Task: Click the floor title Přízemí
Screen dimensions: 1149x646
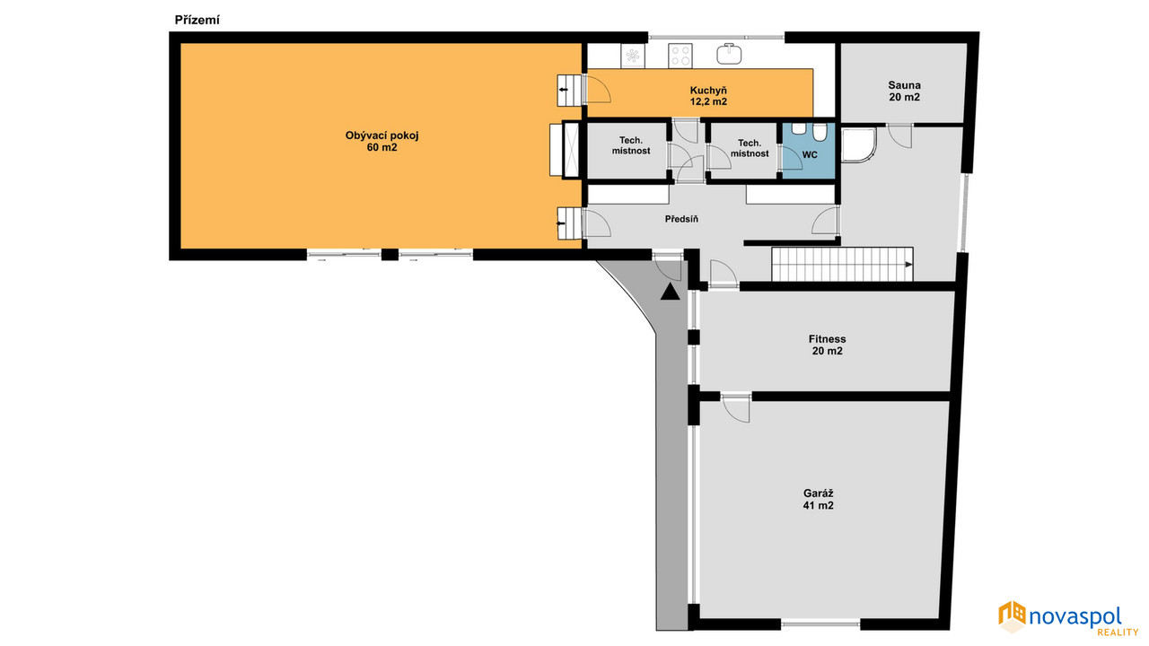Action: tap(197, 21)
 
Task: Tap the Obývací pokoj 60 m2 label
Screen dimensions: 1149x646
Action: tap(382, 142)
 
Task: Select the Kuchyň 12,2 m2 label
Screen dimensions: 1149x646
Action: tap(708, 96)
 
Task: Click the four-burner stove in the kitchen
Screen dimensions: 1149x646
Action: tap(680, 56)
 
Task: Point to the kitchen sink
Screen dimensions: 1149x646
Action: tap(729, 54)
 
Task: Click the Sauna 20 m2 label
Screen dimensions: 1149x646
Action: tap(904, 92)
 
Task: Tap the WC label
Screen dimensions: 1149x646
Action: tap(810, 155)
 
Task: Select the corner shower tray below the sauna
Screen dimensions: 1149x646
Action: tap(858, 145)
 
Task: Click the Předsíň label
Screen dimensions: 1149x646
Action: tap(681, 219)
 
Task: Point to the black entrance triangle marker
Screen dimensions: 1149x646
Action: tap(670, 292)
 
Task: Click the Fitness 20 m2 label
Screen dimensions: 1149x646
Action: tap(827, 345)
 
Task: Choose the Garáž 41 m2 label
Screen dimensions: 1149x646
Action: tap(818, 500)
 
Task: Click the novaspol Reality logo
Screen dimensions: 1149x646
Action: tap(1068, 618)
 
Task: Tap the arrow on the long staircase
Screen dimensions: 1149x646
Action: tap(908, 265)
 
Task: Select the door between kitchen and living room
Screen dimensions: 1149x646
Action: tap(597, 89)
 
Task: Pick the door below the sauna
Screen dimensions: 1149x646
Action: tap(899, 135)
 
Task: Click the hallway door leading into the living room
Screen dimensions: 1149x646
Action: tap(597, 223)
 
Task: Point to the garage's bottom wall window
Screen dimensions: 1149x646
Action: tap(820, 624)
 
